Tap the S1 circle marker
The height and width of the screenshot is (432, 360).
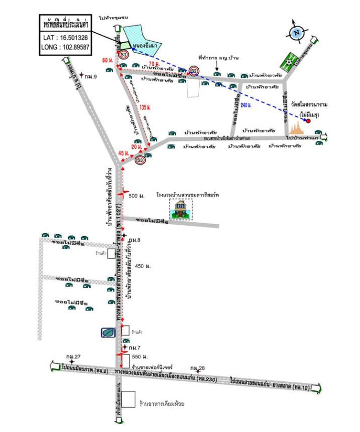(123, 54)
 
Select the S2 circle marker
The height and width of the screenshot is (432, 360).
(194, 71)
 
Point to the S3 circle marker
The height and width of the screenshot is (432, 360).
(141, 160)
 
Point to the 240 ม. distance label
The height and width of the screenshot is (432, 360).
(246, 105)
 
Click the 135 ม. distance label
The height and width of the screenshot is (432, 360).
(145, 107)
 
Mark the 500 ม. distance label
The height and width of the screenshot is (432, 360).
(137, 196)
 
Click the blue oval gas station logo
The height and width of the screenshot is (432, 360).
(107, 332)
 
